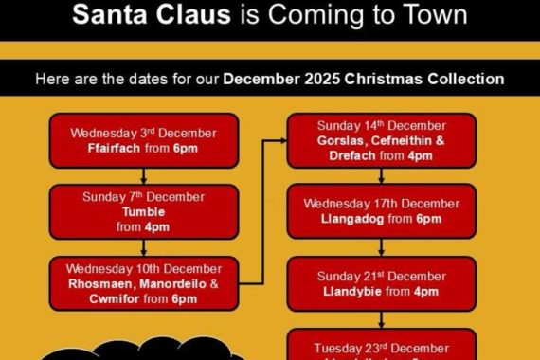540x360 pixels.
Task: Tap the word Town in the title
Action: click(x=432, y=16)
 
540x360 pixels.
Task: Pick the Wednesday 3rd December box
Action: click(x=143, y=140)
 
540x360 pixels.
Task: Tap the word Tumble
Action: click(x=142, y=212)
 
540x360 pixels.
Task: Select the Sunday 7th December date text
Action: click(x=142, y=197)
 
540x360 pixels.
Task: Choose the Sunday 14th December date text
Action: click(x=381, y=124)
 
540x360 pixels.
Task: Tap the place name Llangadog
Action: click(x=352, y=219)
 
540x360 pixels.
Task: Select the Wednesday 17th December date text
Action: click(x=381, y=204)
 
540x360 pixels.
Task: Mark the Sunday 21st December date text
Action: click(x=381, y=276)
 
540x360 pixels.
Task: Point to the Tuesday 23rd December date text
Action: click(x=381, y=348)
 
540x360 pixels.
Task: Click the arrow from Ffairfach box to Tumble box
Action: click(x=143, y=174)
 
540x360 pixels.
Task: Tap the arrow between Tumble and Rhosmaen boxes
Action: click(x=143, y=246)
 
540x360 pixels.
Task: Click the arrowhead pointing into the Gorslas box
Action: click(x=281, y=139)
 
